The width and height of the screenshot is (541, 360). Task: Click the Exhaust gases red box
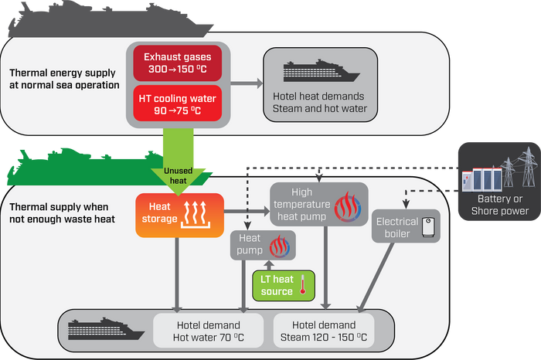[177, 63]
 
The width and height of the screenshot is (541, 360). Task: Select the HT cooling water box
[177, 104]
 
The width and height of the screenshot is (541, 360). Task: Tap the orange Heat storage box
[180, 216]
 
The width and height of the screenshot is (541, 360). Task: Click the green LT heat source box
[284, 286]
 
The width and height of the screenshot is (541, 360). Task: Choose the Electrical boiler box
[406, 226]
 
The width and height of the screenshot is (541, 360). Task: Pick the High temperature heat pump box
[319, 204]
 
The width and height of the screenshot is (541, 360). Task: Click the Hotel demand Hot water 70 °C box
[209, 331]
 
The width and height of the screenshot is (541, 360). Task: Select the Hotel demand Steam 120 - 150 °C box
[324, 331]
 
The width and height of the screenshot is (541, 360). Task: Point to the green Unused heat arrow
[178, 161]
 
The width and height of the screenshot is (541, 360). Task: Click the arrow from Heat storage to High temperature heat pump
[247, 211]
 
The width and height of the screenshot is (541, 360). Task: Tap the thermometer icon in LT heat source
[303, 284]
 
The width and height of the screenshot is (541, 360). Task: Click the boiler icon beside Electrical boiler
[428, 227]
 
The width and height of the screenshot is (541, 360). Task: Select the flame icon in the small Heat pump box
[280, 246]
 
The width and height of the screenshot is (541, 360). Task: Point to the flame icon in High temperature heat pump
[348, 207]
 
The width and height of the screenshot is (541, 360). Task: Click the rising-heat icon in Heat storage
[196, 215]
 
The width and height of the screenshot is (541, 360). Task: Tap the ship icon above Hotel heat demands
[322, 71]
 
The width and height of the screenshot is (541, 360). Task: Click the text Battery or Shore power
[500, 205]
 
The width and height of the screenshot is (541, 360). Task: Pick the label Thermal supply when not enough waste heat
[62, 212]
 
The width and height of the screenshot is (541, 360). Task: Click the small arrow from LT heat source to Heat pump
[269, 265]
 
